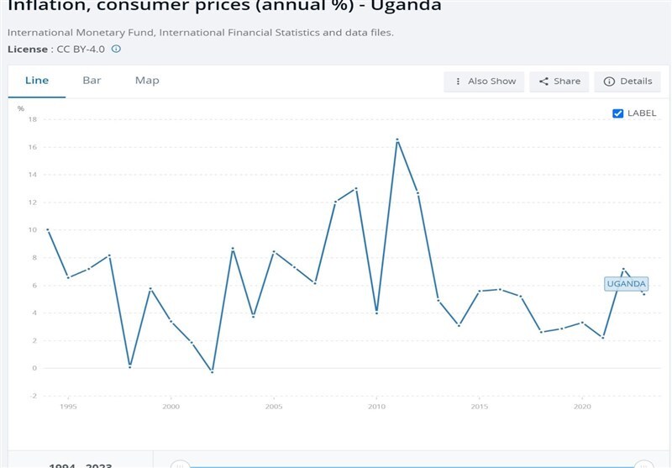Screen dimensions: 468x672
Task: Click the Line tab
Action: (x=37, y=81)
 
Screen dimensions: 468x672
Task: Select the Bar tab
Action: (x=92, y=81)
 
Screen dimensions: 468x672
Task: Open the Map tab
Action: (x=147, y=81)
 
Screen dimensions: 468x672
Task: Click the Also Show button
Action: (x=485, y=82)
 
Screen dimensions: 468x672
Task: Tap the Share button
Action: (x=559, y=82)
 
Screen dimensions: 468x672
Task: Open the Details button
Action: (x=627, y=82)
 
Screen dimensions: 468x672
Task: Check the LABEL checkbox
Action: (x=618, y=113)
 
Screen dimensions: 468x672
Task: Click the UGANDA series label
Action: (x=626, y=284)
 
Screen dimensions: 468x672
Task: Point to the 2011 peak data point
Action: (x=396, y=139)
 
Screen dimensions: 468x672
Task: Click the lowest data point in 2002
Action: (x=212, y=371)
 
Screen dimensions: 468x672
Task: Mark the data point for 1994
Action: (x=48, y=229)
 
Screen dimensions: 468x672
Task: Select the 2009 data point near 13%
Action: (x=356, y=188)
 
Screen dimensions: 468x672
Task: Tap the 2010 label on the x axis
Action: (x=376, y=407)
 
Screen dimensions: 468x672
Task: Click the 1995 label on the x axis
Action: (x=68, y=407)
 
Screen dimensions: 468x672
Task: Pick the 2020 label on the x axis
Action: (x=582, y=407)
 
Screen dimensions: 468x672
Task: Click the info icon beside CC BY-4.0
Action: (x=116, y=49)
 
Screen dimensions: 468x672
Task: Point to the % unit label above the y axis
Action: (x=21, y=108)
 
